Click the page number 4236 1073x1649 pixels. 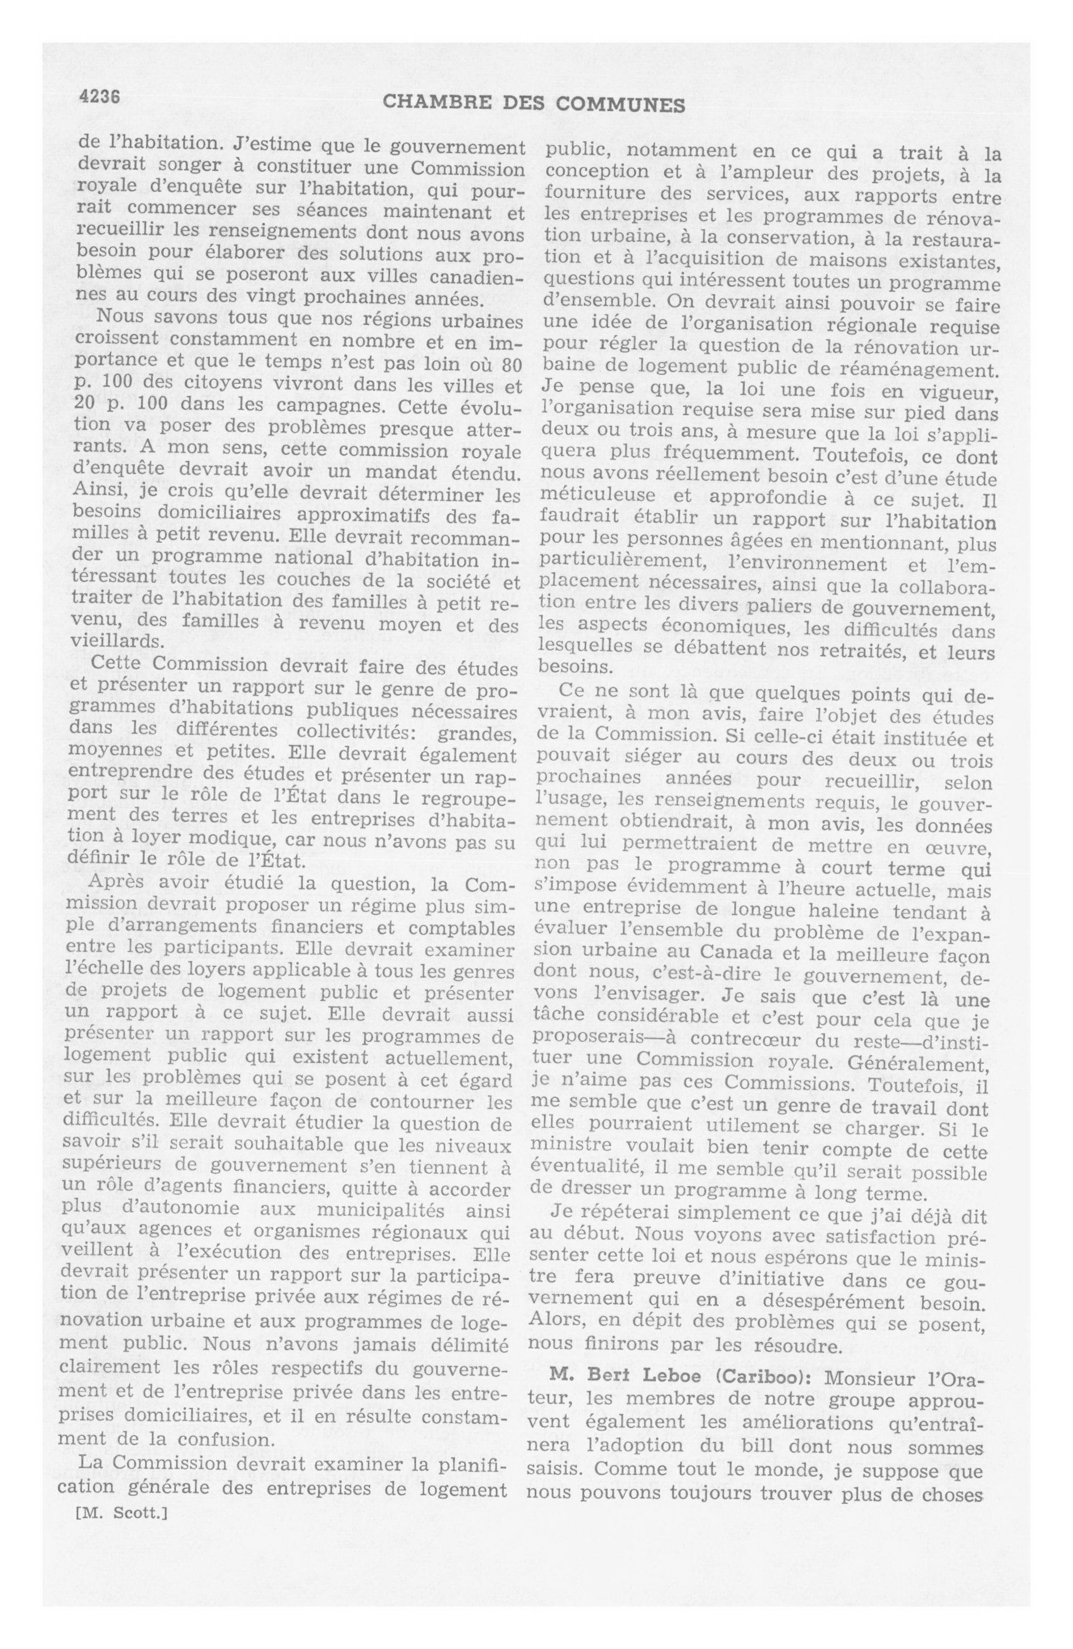(100, 98)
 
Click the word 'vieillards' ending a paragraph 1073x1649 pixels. (116, 641)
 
